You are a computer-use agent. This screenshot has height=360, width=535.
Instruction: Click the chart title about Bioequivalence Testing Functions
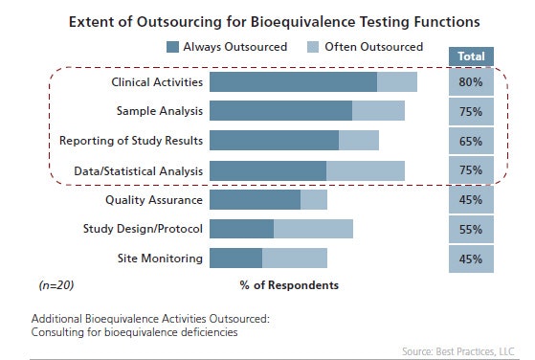(x=267, y=20)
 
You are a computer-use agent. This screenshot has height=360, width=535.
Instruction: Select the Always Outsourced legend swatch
(x=172, y=46)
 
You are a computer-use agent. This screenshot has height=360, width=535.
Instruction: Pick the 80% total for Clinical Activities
(x=471, y=82)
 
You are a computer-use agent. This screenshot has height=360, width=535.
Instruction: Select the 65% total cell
(x=471, y=141)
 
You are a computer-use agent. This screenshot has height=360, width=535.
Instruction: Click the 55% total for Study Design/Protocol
(x=471, y=229)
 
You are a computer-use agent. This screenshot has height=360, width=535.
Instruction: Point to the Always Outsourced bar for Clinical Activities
(x=293, y=82)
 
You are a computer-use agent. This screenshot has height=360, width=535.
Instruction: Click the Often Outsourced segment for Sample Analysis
(x=378, y=112)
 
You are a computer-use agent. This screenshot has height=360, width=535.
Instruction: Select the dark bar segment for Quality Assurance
(x=255, y=199)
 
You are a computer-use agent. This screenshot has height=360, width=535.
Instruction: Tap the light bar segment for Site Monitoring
(x=294, y=259)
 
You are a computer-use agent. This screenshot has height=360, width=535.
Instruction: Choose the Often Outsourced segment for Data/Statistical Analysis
(x=365, y=170)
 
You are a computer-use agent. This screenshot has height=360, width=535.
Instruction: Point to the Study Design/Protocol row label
(x=144, y=229)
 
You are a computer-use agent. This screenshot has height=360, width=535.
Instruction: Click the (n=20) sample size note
(x=56, y=285)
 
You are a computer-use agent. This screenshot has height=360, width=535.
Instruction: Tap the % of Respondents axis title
(x=288, y=285)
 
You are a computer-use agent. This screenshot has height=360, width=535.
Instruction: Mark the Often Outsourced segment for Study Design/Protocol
(x=313, y=229)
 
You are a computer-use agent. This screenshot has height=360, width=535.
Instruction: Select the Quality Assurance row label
(x=154, y=199)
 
